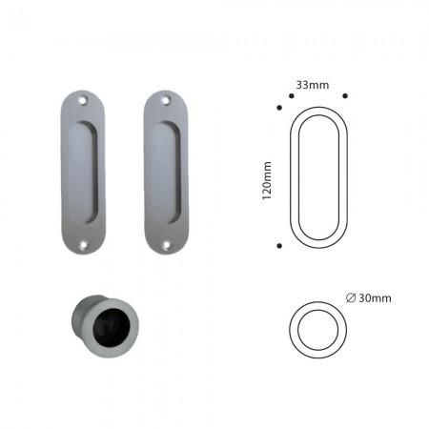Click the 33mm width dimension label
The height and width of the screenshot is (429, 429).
click(313, 85)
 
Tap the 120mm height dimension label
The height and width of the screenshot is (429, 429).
click(267, 180)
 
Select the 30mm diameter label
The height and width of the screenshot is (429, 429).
click(369, 298)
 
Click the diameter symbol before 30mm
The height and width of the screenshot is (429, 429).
click(351, 298)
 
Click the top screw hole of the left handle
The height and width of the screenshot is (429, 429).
click(83, 100)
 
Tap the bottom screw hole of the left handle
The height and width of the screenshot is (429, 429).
click(84, 245)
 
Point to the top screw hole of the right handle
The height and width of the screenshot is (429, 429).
click(165, 100)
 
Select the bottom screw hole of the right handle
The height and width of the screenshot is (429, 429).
click(166, 245)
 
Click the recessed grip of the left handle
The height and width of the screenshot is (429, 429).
click(82, 173)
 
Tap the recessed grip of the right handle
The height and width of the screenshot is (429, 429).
click(166, 173)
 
